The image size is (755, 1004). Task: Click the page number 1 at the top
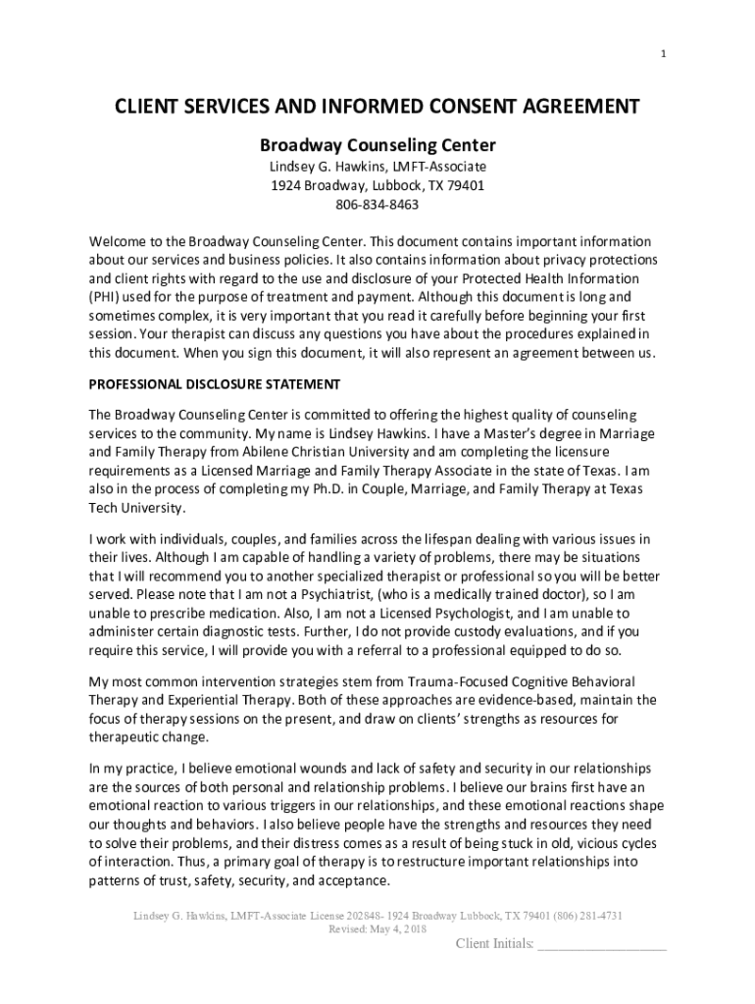[664, 54]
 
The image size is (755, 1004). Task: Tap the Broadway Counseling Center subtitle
[377, 146]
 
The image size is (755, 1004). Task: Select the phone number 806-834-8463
[377, 205]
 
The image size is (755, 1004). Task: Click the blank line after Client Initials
[602, 946]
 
